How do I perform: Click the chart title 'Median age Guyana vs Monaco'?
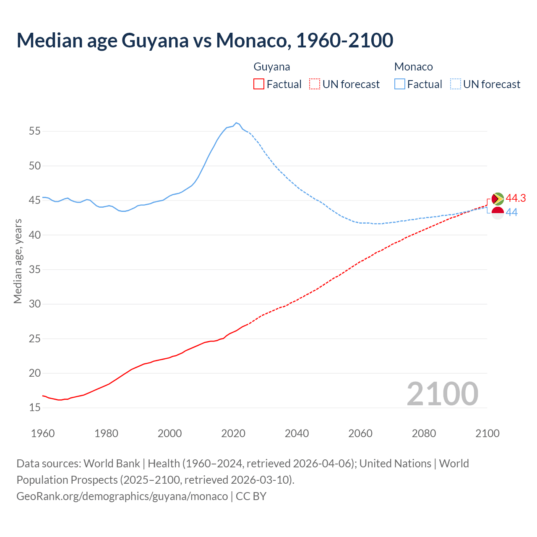[x=205, y=40]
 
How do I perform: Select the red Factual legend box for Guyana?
[x=259, y=84]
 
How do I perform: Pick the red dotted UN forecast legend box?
[x=315, y=84]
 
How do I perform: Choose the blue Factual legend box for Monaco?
[x=400, y=84]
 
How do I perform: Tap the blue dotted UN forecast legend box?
[x=456, y=84]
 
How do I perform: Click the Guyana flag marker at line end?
[x=498, y=198]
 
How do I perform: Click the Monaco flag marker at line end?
[x=498, y=213]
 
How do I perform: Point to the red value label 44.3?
[x=516, y=198]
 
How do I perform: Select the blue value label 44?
[x=511, y=213]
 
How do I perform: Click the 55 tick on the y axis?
[x=35, y=131]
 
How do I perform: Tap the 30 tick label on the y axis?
[x=35, y=304]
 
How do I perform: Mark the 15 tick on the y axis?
[x=35, y=408]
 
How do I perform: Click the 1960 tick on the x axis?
[x=43, y=433]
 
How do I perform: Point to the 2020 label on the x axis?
[x=233, y=433]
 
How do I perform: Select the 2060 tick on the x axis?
[x=360, y=433]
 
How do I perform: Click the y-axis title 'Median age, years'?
[x=18, y=261]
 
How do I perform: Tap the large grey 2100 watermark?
[x=443, y=394]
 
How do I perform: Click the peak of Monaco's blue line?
[x=236, y=123]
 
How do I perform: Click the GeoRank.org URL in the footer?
[x=122, y=496]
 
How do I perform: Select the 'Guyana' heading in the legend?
[x=272, y=67]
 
